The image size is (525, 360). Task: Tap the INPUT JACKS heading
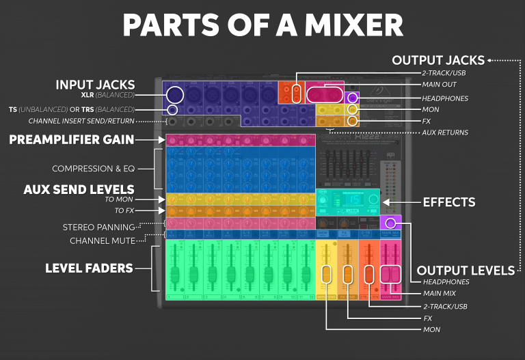point(95,85)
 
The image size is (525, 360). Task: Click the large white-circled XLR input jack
point(175,95)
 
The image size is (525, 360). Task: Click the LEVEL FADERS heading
point(89,268)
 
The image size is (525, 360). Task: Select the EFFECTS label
point(449,202)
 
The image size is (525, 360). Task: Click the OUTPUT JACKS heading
point(438,60)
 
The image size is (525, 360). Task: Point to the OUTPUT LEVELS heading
point(466,271)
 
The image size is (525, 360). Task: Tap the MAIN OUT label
point(439,85)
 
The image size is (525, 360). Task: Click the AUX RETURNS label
point(445,133)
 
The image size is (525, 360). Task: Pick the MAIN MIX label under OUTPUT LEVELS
point(440,294)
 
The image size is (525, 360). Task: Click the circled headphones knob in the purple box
point(390,223)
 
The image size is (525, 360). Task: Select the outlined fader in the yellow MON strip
point(326,274)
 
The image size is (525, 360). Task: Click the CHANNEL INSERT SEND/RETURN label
point(81,121)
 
